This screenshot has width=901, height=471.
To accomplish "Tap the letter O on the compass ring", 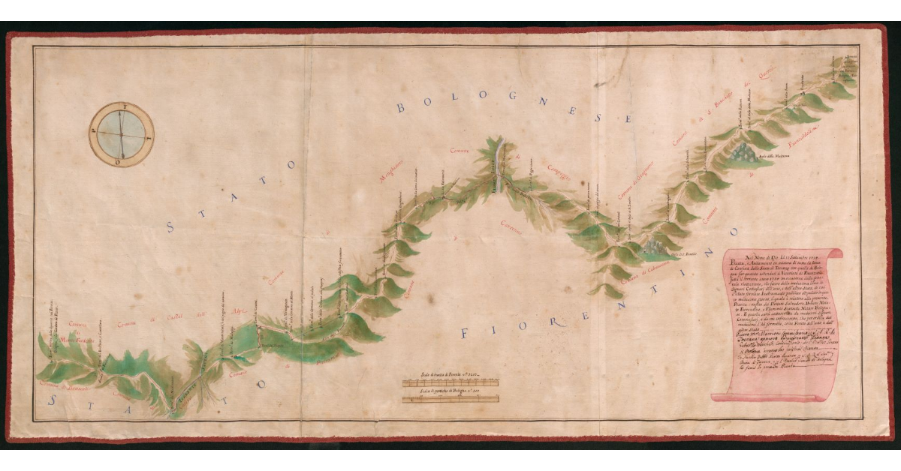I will [x=116, y=160].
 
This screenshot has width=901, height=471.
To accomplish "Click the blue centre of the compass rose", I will [x=120, y=133].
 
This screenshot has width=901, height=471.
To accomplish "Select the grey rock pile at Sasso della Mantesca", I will [x=748, y=153].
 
